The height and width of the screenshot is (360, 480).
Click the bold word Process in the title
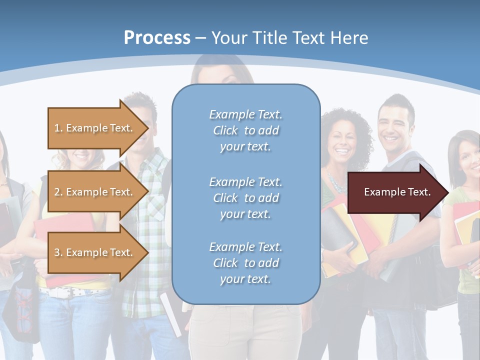click(x=157, y=38)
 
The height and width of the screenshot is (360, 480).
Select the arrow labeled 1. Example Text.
click(x=95, y=128)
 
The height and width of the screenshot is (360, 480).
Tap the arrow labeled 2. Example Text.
click(x=95, y=192)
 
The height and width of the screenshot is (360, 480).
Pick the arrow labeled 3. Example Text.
click(x=95, y=252)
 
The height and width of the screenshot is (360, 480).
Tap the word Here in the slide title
click(x=349, y=38)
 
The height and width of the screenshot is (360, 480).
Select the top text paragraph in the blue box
click(x=246, y=130)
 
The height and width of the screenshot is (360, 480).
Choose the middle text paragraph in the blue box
click(x=246, y=198)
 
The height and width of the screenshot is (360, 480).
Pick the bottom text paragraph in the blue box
click(x=246, y=263)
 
